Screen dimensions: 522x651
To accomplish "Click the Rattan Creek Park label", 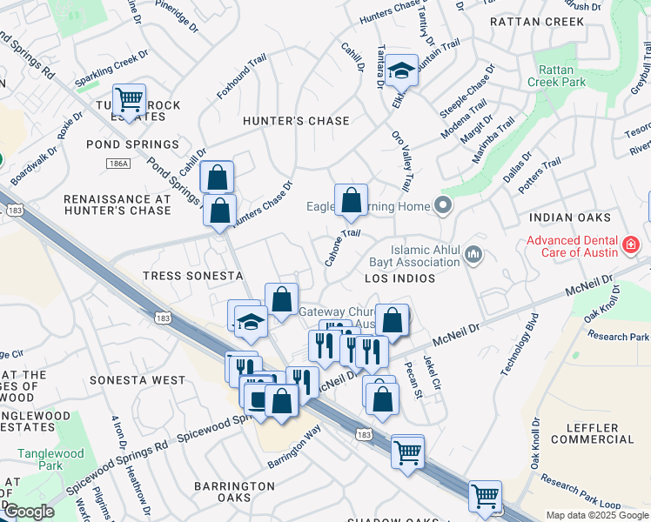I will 557,76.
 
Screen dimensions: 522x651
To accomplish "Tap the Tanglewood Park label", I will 50,459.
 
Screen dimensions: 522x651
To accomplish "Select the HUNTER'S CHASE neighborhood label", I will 296,121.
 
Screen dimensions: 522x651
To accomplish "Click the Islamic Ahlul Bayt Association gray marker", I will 473,255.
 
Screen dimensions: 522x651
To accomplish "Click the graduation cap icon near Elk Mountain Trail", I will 402,70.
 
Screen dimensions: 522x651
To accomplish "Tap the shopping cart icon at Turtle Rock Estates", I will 129,100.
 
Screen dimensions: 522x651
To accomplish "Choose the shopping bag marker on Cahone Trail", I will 351,200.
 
